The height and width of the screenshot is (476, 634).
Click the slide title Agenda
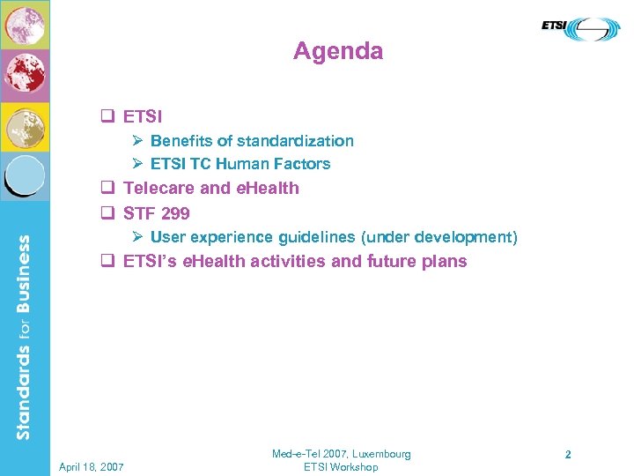pos(338,51)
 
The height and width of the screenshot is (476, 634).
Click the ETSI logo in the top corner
pos(580,28)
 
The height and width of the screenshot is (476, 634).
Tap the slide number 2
pos(568,455)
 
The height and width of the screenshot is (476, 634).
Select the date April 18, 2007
pos(92,466)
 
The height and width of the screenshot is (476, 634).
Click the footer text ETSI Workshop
pos(340,467)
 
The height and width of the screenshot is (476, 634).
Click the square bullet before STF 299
pos(109,212)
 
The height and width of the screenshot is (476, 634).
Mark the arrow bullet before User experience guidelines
pos(137,237)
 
